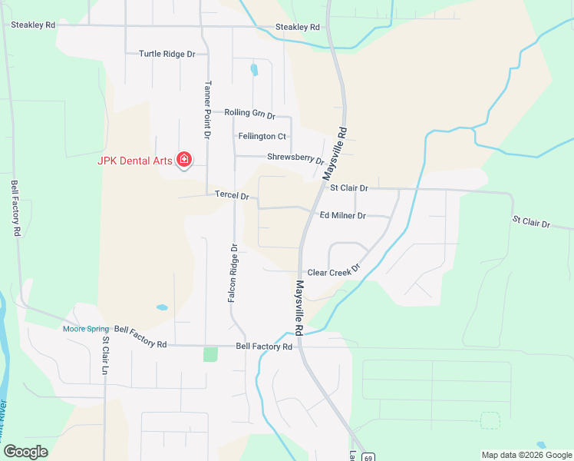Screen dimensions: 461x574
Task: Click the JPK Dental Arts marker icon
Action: (x=184, y=160)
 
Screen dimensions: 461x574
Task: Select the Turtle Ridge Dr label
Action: (x=167, y=54)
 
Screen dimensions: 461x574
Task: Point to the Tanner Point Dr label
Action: (x=207, y=109)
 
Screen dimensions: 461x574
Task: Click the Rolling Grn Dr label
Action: (x=249, y=114)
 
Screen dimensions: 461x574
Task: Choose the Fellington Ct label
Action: (x=262, y=137)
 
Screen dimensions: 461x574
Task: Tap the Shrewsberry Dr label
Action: (x=295, y=158)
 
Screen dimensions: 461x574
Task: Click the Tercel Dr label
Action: (x=233, y=196)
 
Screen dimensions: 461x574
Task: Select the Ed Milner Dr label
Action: (x=342, y=216)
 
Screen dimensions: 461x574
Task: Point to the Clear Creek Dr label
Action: (x=333, y=273)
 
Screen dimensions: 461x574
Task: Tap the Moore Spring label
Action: (x=86, y=329)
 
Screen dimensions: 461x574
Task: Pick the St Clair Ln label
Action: (x=106, y=357)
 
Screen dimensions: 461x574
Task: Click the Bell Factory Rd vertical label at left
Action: (x=15, y=207)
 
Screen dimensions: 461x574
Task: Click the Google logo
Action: (x=26, y=452)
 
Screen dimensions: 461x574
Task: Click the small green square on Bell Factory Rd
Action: (x=210, y=354)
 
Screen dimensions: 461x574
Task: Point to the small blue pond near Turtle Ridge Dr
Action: (x=254, y=70)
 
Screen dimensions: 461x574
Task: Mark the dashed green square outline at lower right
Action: (x=490, y=420)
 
